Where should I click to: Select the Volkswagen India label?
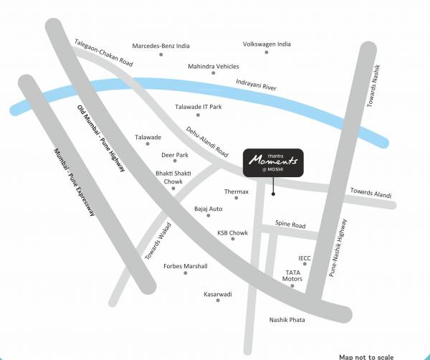[x=267, y=44]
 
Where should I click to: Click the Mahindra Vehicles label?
[x=214, y=66]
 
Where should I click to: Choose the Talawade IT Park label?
[x=199, y=107]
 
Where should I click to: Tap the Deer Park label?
[x=175, y=155]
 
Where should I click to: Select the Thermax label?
[x=236, y=191]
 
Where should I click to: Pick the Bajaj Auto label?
[x=209, y=209]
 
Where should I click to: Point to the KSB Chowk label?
[x=232, y=232]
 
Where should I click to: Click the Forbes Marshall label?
[x=186, y=266]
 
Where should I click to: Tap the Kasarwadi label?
[x=218, y=294]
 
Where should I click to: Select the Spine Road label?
[x=290, y=226]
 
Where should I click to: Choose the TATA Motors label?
[x=294, y=276]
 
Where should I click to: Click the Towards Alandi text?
[x=371, y=194]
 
